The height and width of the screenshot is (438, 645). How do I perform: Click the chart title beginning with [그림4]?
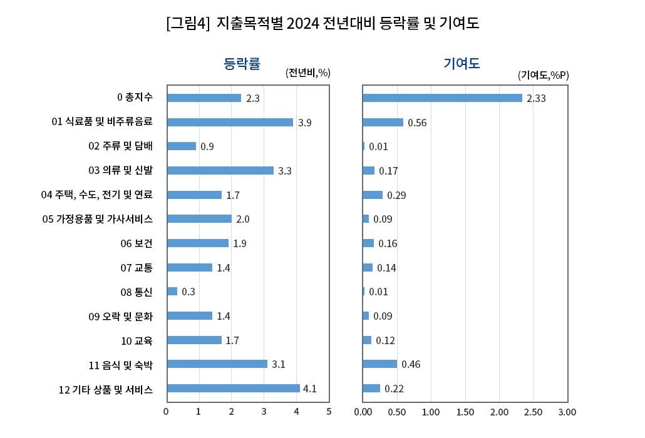[322, 24]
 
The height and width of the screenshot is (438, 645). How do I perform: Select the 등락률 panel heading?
[242, 63]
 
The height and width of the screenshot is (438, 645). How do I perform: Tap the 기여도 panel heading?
[462, 63]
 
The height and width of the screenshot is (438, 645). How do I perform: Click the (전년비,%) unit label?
[307, 73]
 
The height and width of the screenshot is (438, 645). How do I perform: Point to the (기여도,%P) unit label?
[543, 75]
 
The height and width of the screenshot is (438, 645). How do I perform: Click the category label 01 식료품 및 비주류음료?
[102, 121]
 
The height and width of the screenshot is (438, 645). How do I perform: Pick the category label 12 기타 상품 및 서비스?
[105, 389]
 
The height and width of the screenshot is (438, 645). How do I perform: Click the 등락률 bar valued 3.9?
[230, 122]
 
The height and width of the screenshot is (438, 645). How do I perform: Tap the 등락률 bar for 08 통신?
[172, 292]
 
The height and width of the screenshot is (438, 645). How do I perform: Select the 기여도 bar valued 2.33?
[442, 98]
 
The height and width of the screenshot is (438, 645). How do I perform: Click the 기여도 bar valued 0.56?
[383, 122]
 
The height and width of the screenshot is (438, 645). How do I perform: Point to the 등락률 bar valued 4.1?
[233, 389]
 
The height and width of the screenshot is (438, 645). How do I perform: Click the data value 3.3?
[285, 171]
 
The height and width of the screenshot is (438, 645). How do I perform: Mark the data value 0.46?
[411, 365]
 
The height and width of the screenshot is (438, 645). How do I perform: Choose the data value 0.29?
[396, 195]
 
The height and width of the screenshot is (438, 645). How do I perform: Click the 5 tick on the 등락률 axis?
[329, 412]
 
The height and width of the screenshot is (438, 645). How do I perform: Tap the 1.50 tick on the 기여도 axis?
[465, 412]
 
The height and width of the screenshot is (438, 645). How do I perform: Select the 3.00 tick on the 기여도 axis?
[567, 412]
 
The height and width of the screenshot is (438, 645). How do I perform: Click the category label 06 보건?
[137, 243]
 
